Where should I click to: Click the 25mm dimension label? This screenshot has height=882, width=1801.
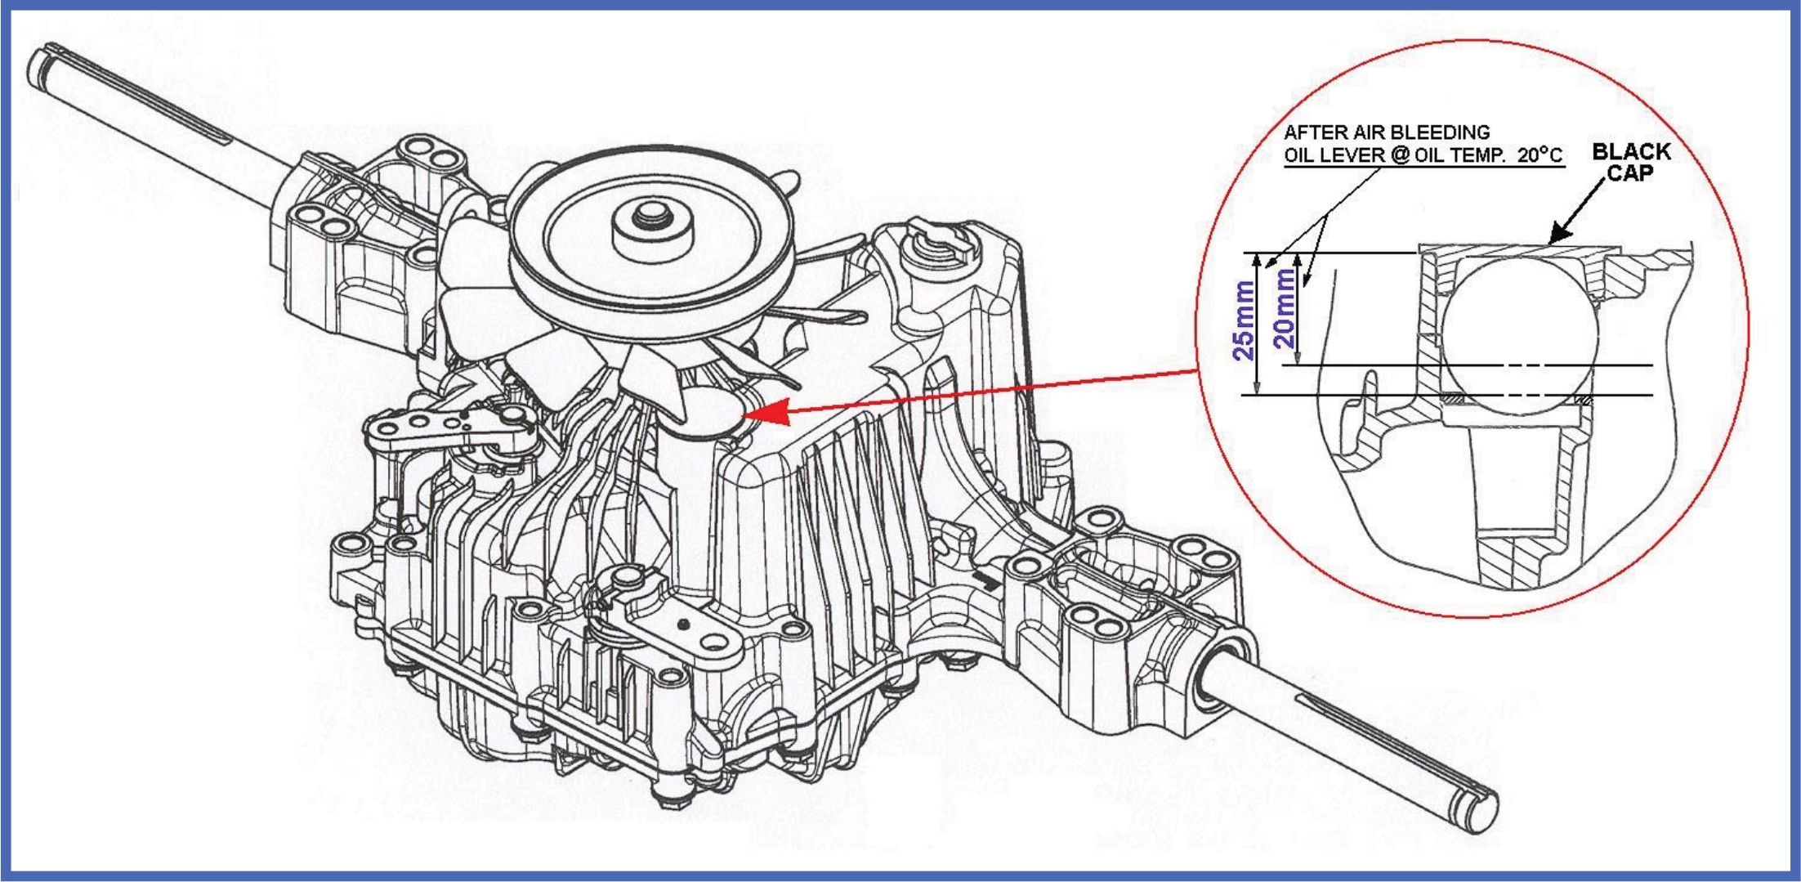coord(1244,320)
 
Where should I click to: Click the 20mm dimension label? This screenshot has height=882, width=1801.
coord(1285,309)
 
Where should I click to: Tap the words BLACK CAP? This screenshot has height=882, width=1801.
coord(1631,162)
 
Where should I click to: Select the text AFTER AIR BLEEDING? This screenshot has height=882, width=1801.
coord(1387,132)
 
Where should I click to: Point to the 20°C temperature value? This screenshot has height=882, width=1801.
coord(1540,155)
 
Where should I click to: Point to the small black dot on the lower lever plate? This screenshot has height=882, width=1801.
coord(685,625)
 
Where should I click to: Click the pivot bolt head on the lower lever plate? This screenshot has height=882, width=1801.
coord(626,578)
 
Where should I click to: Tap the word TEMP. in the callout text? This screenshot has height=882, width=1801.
coord(1481,155)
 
